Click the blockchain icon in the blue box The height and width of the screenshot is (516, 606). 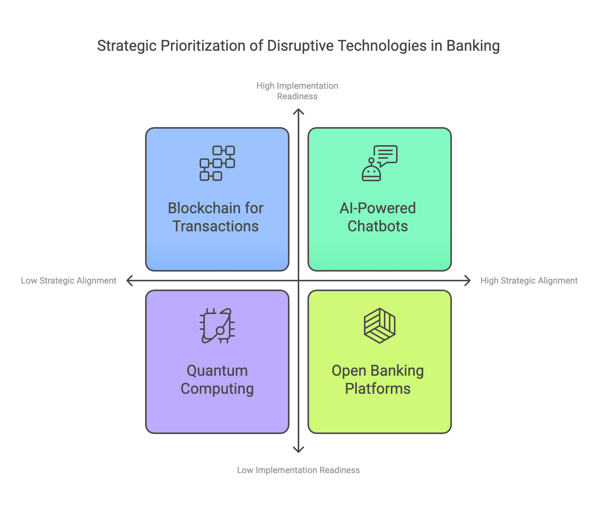217,163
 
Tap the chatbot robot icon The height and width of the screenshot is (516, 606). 380,163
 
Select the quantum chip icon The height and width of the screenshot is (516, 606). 217,326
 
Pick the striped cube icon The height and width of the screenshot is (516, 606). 380,326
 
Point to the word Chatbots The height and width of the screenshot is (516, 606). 378,226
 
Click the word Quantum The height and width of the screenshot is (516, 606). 217,371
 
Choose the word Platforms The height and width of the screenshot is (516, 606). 378,389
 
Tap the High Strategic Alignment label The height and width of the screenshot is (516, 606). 529,281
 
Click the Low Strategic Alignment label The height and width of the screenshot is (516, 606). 69,281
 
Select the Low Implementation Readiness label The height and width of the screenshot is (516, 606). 298,470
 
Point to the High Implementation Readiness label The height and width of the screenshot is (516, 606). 297,91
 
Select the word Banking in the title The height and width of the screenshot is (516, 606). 473,46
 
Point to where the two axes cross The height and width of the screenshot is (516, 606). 298,281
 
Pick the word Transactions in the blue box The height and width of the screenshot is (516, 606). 215,226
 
